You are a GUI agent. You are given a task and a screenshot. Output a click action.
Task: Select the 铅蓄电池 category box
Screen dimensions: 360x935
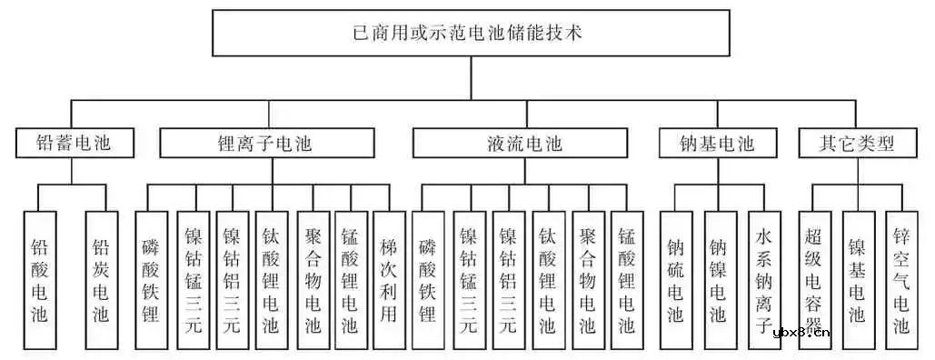(x=75, y=144)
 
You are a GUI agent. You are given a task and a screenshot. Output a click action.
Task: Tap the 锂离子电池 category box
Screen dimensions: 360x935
(x=265, y=144)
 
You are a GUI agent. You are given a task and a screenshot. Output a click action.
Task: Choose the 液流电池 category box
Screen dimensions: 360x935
(x=520, y=144)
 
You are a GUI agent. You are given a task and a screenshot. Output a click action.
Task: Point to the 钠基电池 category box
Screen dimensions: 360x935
(x=717, y=144)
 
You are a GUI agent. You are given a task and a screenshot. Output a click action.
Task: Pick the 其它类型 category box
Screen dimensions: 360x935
(x=857, y=144)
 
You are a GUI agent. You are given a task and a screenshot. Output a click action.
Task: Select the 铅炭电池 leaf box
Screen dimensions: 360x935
(x=100, y=281)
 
